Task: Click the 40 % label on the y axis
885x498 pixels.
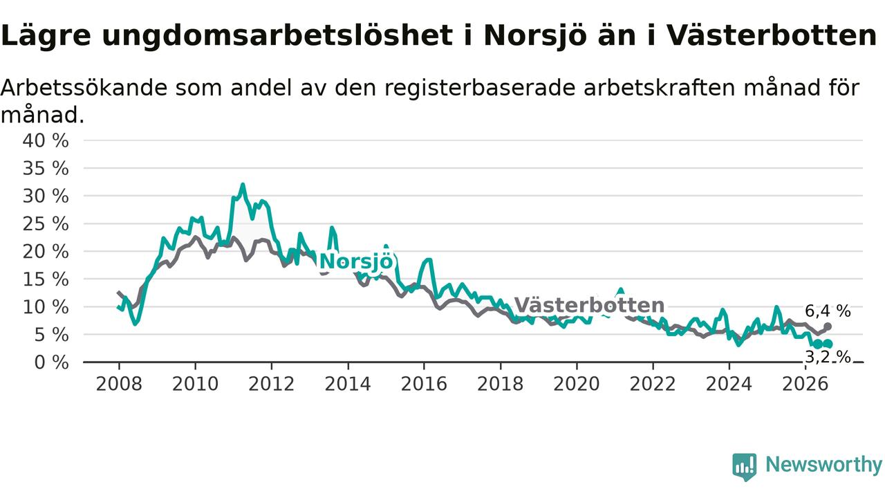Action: [x=46, y=140]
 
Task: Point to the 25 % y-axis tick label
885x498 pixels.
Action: [x=46, y=224]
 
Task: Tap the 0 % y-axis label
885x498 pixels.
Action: [x=51, y=362]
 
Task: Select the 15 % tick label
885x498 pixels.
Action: [x=46, y=279]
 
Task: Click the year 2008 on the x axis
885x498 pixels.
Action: [x=119, y=384]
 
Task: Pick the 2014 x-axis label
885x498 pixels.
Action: [x=348, y=384]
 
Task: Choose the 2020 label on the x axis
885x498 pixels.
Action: [x=577, y=384]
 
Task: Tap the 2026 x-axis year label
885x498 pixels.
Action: [x=805, y=384]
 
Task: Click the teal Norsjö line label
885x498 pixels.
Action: [x=356, y=261]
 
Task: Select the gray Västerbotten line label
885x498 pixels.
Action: [x=590, y=305]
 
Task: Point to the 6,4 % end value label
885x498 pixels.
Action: [x=828, y=311]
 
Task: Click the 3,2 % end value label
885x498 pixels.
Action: [x=828, y=358]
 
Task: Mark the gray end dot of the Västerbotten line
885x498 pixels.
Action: [x=828, y=326]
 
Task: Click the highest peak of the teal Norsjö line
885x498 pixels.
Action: [x=243, y=184]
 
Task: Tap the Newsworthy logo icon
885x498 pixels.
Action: [x=745, y=467]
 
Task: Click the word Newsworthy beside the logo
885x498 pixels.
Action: [x=823, y=464]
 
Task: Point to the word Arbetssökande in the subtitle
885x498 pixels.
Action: [x=84, y=88]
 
